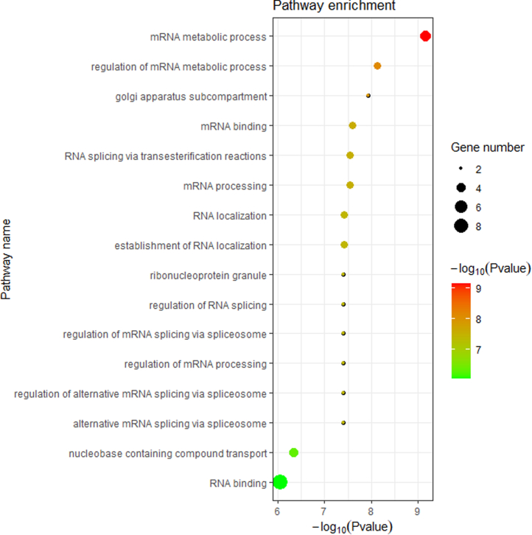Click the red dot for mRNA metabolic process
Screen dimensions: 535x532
coord(425,36)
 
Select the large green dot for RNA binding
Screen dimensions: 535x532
coord(280,483)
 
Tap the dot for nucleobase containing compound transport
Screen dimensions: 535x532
coord(293,452)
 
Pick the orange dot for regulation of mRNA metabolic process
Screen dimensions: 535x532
coord(377,66)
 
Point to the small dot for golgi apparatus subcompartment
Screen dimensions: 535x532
coord(368,96)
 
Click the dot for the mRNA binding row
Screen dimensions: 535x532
coord(352,125)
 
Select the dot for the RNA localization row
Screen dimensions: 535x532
coord(344,215)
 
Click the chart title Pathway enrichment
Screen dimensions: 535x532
coord(335,7)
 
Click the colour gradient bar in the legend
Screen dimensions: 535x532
coord(461,329)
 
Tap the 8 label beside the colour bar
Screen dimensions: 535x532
coord(479,318)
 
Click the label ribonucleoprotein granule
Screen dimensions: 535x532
coord(208,275)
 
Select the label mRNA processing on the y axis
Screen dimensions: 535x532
coord(225,185)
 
